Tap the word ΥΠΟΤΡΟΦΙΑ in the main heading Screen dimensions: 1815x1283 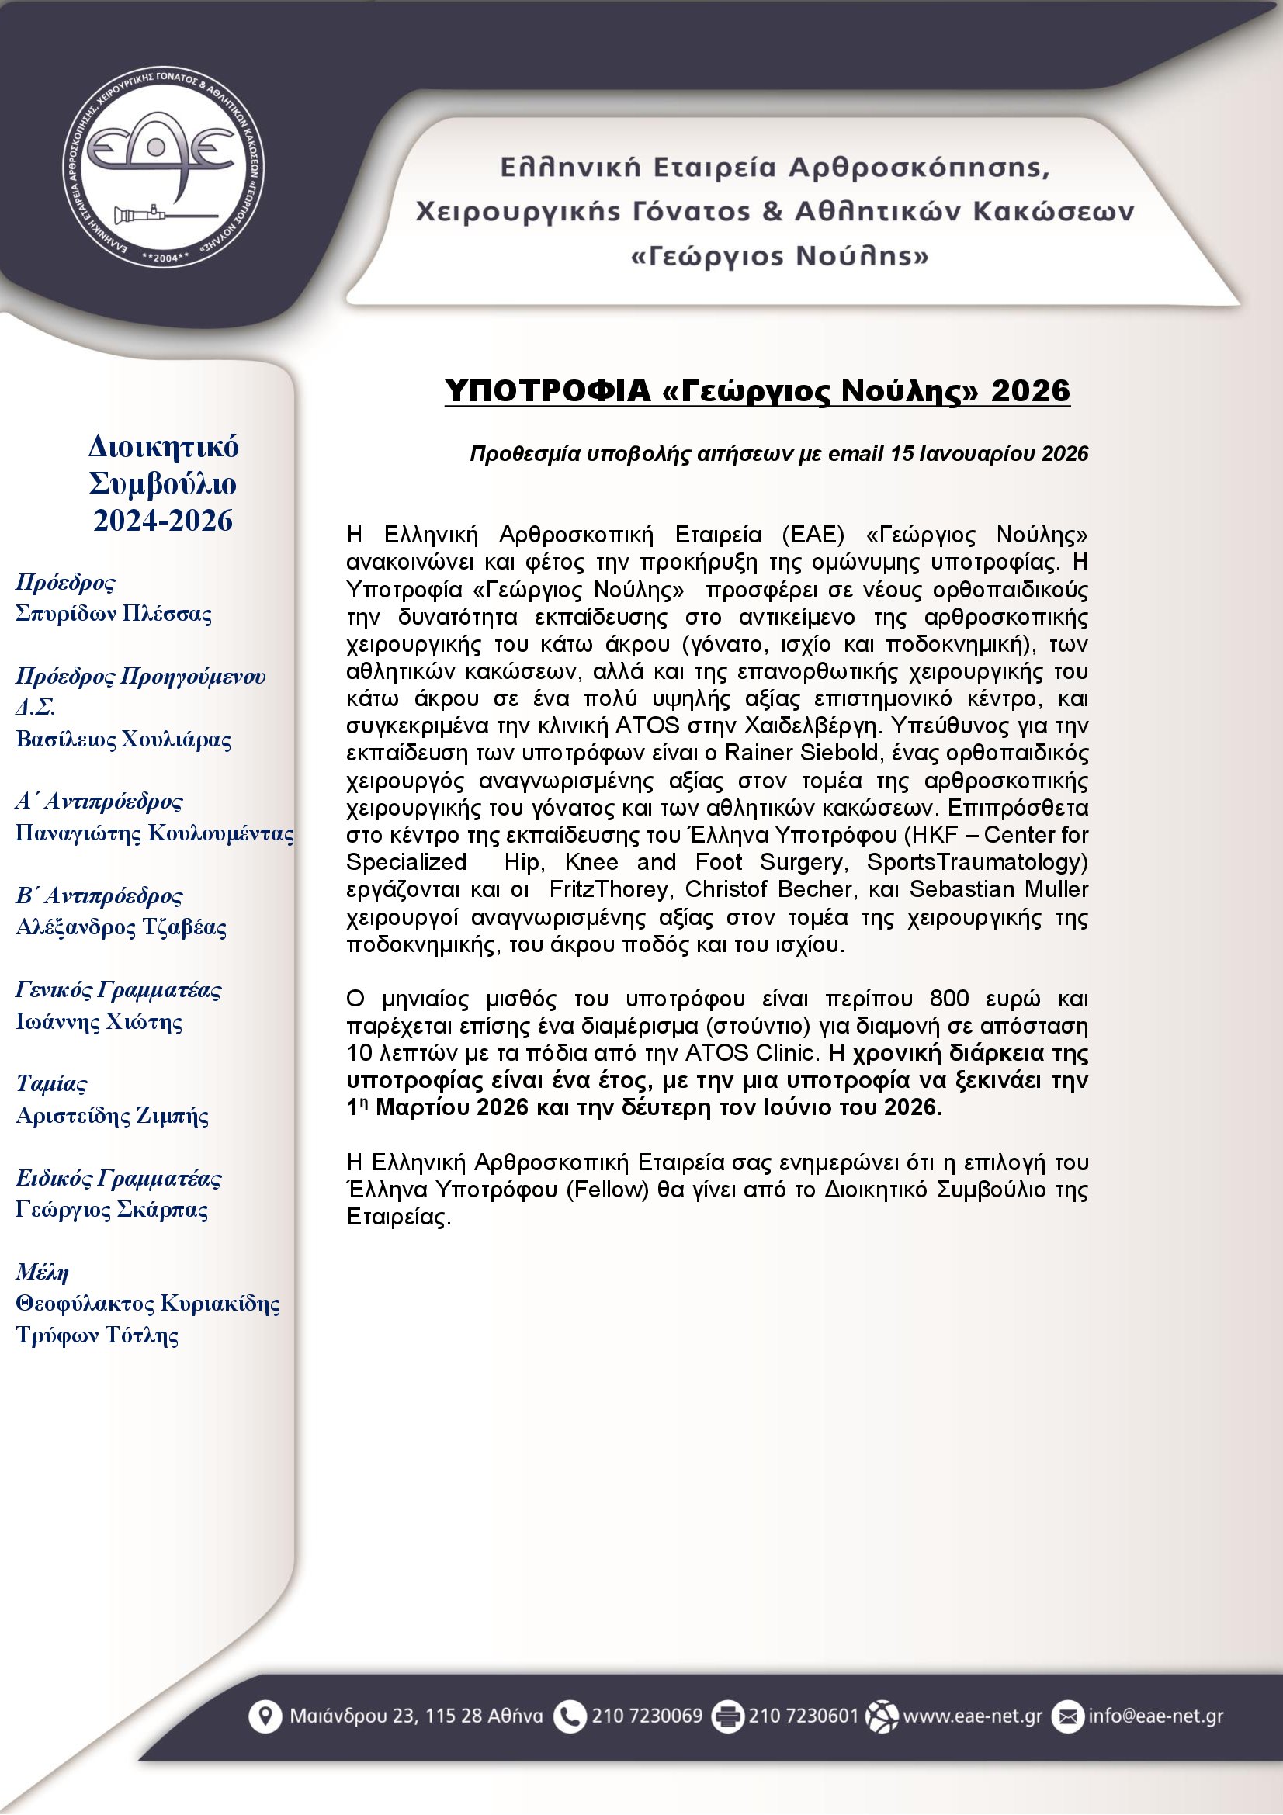(x=547, y=390)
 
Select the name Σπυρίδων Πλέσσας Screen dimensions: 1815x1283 (x=114, y=615)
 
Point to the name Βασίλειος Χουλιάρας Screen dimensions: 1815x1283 (x=123, y=740)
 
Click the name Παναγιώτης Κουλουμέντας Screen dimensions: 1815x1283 (x=155, y=833)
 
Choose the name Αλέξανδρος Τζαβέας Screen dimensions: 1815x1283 (x=121, y=927)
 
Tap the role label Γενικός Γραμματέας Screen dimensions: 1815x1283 (x=119, y=989)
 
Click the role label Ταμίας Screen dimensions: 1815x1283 (x=51, y=1084)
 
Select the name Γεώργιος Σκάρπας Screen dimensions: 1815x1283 (x=113, y=1210)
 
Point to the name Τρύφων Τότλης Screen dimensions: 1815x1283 (x=97, y=1335)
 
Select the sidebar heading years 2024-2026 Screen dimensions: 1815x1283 (x=163, y=521)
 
